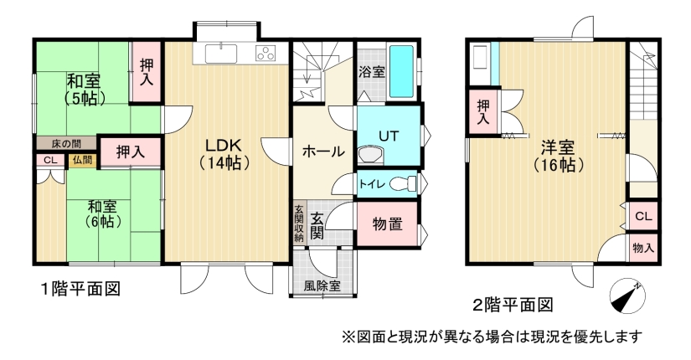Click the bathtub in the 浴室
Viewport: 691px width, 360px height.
coord(401,71)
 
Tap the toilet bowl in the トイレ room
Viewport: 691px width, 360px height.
coord(402,183)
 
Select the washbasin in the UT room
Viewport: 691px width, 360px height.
coord(370,154)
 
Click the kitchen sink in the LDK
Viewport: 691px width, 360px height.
coord(221,54)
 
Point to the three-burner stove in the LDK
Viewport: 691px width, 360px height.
coord(266,53)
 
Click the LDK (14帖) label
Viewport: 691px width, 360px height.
coord(224,154)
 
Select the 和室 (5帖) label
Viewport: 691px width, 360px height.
coord(84,90)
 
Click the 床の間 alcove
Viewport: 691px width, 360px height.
coord(66,143)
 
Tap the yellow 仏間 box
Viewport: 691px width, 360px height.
coord(82,161)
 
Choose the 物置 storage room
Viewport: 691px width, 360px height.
coord(387,224)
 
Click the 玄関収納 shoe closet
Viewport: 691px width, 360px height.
coord(299,224)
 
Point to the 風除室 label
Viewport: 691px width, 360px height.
coord(322,285)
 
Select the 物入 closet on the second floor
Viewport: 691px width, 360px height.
coord(643,248)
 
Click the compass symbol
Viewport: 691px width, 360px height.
coord(627,296)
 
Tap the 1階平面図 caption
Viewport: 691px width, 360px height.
coord(80,289)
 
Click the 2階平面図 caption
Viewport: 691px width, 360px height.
coord(513,305)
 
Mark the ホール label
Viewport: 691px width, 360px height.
coord(323,152)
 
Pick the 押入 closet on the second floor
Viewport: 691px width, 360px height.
coord(483,111)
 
